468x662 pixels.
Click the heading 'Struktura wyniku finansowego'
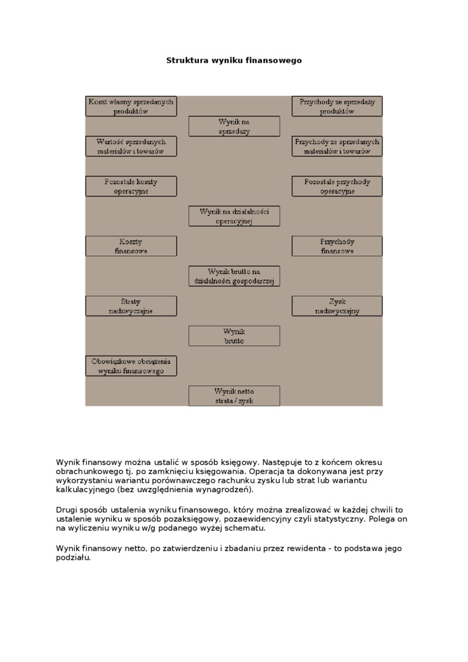[234, 60]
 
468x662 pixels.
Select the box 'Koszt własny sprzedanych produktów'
[131, 107]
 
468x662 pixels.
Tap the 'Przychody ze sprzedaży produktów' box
[337, 107]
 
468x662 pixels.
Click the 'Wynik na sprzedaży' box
[234, 126]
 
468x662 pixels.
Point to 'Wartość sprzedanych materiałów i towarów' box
[131, 146]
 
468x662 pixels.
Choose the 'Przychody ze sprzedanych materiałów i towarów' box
[337, 146]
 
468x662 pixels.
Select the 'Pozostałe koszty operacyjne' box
[131, 186]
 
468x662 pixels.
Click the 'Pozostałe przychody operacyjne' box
[337, 186]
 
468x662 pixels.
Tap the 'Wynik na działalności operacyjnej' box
[234, 216]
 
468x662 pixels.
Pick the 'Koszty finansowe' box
[131, 246]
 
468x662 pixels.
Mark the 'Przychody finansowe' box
[337, 246]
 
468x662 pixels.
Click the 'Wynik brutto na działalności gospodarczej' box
[234, 276]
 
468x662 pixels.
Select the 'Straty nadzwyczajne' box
[131, 306]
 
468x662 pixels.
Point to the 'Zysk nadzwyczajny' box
[337, 306]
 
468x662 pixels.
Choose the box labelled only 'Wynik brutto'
[234, 336]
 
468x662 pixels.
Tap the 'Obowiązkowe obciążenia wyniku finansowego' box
[131, 366]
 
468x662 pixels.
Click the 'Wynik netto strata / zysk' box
[234, 395]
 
